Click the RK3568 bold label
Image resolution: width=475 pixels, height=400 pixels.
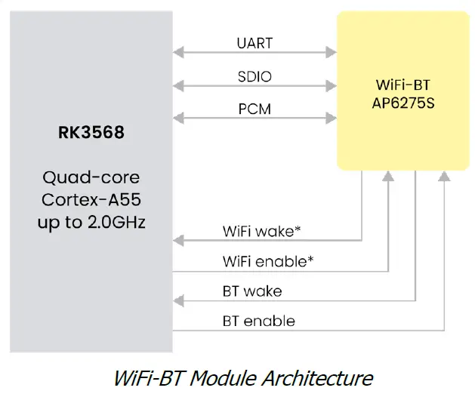click(x=91, y=133)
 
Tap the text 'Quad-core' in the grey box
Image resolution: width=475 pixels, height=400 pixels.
click(x=91, y=179)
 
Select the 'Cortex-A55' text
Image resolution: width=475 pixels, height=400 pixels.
click(x=91, y=201)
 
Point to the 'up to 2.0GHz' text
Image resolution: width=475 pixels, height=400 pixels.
click(x=91, y=223)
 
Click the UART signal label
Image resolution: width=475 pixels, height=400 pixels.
click(x=254, y=44)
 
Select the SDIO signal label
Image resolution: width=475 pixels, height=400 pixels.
click(x=254, y=76)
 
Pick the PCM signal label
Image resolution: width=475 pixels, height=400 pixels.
click(x=254, y=109)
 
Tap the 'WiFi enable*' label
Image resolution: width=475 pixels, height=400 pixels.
click(x=268, y=262)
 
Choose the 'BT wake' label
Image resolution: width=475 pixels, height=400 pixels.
click(x=252, y=291)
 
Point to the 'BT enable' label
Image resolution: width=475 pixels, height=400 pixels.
click(x=258, y=321)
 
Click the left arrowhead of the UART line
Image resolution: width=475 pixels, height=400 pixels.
click(x=178, y=52)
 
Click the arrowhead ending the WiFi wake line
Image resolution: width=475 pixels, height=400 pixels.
click(x=178, y=241)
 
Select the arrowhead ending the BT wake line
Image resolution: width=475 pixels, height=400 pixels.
click(x=178, y=300)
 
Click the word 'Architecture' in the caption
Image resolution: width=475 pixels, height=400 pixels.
click(x=319, y=377)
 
